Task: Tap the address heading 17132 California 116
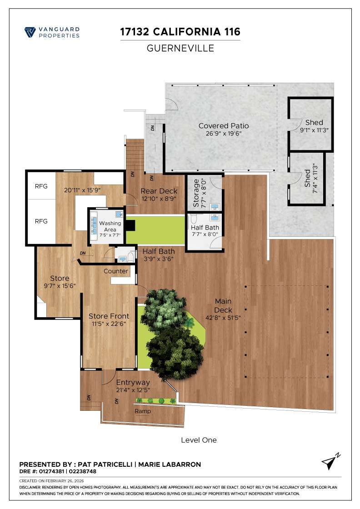pyautogui.click(x=180, y=32)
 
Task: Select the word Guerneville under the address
pyautogui.click(x=180, y=48)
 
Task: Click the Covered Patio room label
pyautogui.click(x=224, y=126)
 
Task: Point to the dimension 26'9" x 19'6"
pyautogui.click(x=224, y=134)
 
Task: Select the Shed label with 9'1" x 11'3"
pyautogui.click(x=314, y=122)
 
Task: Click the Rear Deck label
pyautogui.click(x=159, y=191)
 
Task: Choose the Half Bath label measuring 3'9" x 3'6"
pyautogui.click(x=157, y=251)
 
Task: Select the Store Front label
pyautogui.click(x=109, y=316)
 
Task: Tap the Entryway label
pyautogui.click(x=133, y=383)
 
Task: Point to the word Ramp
pyautogui.click(x=143, y=411)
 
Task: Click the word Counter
pyautogui.click(x=116, y=271)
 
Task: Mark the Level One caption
pyautogui.click(x=199, y=440)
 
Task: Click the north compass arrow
pyautogui.click(x=330, y=461)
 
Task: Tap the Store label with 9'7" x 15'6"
pyautogui.click(x=60, y=278)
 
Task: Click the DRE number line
pyautogui.click(x=58, y=471)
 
